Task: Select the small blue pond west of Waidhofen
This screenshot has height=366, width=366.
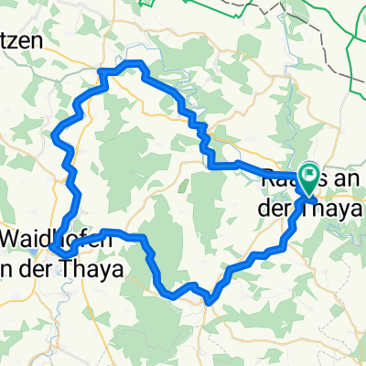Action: point(33,249)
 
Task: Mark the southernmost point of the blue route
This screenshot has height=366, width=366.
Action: point(210,300)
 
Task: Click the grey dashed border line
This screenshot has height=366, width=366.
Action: point(302,14)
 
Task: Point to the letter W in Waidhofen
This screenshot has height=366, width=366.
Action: point(13,236)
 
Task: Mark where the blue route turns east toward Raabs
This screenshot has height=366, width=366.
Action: point(212,167)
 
